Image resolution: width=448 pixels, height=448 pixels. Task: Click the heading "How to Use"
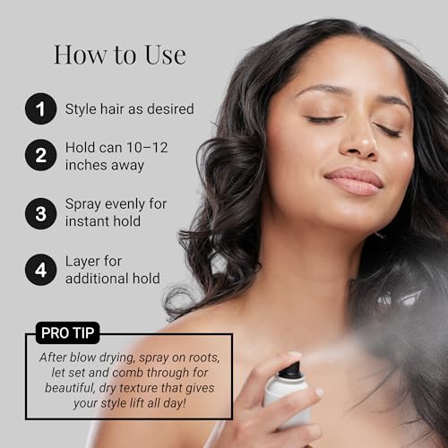click(120, 55)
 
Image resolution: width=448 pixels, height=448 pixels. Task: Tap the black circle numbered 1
click(41, 108)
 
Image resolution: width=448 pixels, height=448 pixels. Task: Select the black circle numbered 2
click(41, 155)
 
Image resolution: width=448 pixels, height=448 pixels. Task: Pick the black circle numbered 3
click(41, 213)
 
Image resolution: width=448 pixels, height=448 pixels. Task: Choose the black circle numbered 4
click(41, 270)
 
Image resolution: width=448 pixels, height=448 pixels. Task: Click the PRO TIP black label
click(68, 332)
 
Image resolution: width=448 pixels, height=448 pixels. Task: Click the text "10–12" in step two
click(147, 148)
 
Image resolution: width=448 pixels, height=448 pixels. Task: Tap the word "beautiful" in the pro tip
click(70, 388)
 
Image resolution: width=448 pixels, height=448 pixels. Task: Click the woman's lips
click(354, 179)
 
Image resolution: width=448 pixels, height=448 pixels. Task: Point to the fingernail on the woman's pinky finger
click(319, 392)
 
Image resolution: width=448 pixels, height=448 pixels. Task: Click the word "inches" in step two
click(83, 165)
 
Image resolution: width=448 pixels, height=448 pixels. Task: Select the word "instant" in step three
click(84, 221)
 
